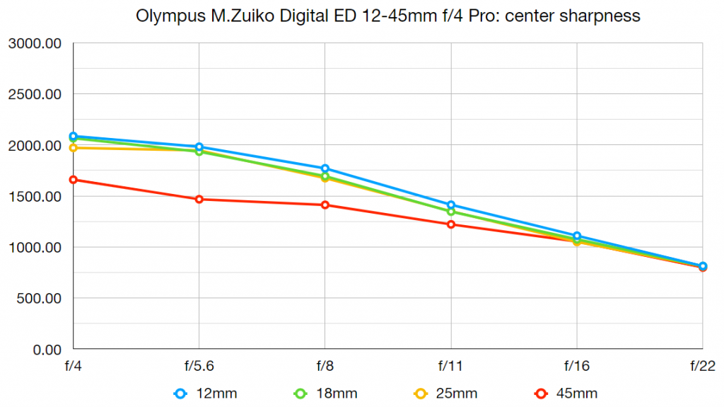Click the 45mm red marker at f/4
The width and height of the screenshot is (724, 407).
(74, 180)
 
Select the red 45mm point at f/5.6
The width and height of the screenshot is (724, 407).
(199, 199)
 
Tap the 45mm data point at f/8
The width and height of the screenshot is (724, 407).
(325, 205)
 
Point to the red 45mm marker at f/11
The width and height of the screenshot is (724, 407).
(451, 224)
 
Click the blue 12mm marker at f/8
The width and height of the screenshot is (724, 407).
(325, 168)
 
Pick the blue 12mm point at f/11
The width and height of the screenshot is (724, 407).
(451, 205)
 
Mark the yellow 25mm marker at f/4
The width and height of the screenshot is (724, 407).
(74, 148)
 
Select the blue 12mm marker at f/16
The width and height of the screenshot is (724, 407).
(577, 236)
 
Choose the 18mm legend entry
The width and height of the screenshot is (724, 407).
(328, 393)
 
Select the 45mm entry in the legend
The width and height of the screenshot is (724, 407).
(568, 393)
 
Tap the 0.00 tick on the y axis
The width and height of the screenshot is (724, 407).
(47, 350)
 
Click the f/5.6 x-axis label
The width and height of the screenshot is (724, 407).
(199, 366)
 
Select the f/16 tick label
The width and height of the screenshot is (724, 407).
(577, 366)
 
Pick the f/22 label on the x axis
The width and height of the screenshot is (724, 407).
(701, 366)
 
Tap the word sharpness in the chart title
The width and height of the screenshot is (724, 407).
(605, 16)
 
